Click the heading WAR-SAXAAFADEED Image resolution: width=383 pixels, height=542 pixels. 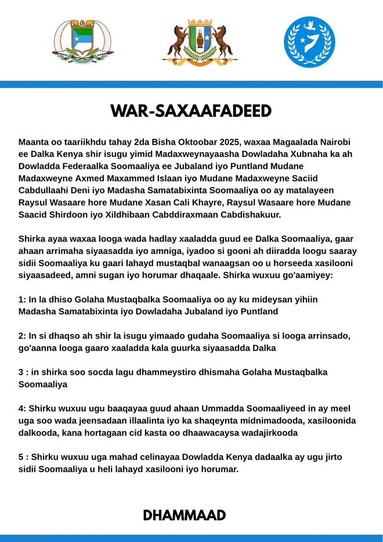[x=191, y=111]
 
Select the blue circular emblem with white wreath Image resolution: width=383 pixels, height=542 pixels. [x=309, y=42]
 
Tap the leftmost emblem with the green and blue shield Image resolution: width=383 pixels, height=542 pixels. [x=83, y=42]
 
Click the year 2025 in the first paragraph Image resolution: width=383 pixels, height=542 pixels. [x=232, y=142]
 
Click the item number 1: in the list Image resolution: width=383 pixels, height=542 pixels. [x=23, y=299]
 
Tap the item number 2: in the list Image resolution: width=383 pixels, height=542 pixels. [x=23, y=336]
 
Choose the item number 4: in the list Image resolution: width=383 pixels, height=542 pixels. [x=23, y=408]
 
